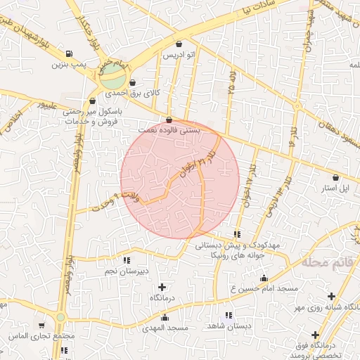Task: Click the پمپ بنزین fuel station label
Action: tap(67, 65)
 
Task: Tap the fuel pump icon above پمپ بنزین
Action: tap(68, 53)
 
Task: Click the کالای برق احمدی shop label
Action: tap(133, 93)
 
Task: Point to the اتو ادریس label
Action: tap(179, 54)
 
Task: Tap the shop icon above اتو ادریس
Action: tap(179, 44)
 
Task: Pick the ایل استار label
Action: tap(335, 188)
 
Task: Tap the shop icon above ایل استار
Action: tap(335, 178)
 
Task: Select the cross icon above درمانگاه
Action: tap(162, 287)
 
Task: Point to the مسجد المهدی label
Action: tap(165, 328)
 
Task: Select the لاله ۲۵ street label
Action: tap(233, 84)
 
